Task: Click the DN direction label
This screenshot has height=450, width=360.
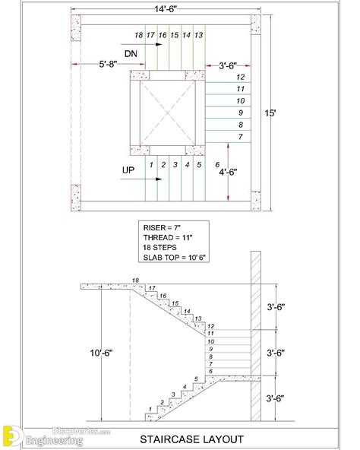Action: pos(131,52)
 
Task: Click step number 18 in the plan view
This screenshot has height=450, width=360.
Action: pos(137,36)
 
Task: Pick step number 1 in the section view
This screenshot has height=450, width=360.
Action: pos(151,410)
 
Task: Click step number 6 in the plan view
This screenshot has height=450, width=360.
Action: pos(218,164)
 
